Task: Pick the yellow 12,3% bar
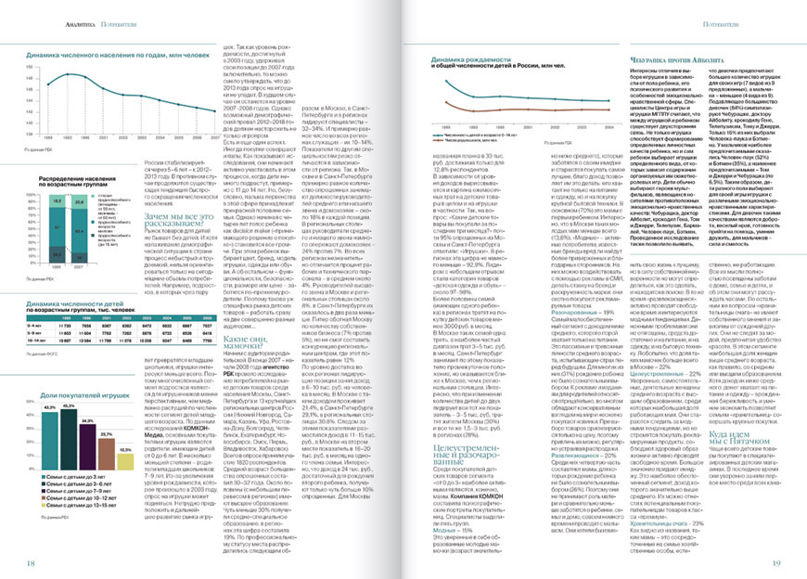tap(126, 429)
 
